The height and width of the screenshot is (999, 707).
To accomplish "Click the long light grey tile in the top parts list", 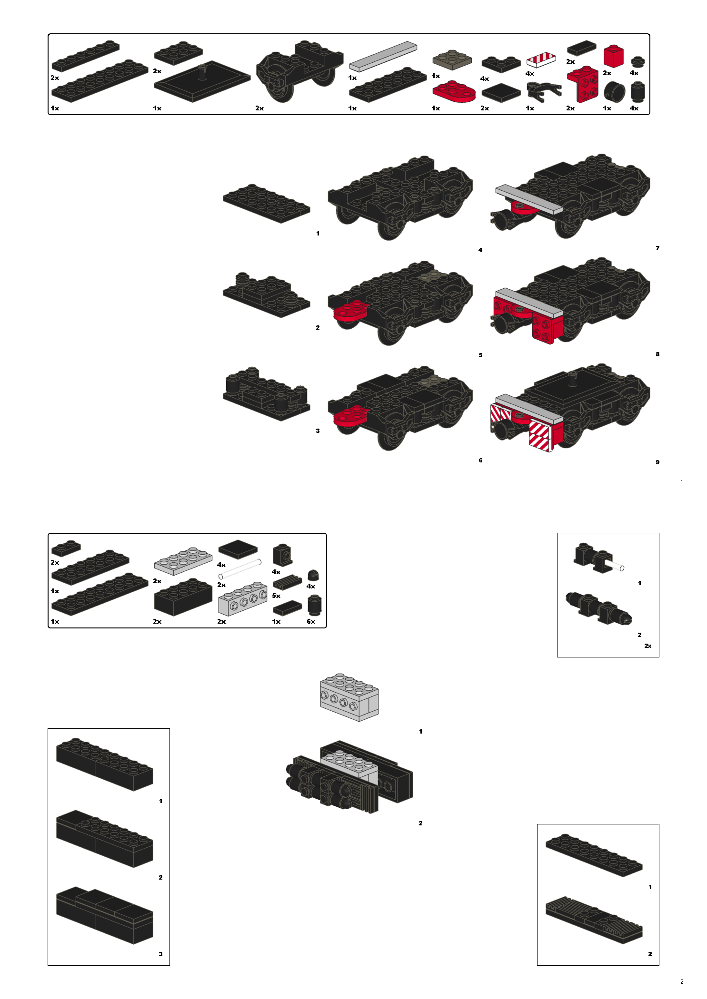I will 383,56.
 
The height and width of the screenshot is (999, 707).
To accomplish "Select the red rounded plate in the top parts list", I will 454,91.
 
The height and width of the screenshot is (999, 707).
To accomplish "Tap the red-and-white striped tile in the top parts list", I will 541,60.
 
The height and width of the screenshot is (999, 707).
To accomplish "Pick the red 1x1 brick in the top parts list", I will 613,56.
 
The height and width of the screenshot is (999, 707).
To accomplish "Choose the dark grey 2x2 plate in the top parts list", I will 452,60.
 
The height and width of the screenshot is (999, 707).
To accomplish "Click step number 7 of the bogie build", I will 657,248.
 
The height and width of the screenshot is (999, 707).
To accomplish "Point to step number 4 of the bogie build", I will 480,250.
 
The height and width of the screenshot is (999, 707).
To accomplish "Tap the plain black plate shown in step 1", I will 266,204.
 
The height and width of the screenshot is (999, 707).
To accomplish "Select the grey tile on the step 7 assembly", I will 528,198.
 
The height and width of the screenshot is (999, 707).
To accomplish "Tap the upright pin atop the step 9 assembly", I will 573,378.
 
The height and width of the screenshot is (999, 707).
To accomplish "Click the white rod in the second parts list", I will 240,569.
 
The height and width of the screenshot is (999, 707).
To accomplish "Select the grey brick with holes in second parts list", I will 242,599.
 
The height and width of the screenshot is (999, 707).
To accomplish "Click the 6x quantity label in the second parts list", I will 311,621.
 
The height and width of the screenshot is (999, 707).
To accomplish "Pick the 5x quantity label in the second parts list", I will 276,596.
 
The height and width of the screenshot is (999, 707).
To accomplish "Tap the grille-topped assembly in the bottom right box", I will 594,920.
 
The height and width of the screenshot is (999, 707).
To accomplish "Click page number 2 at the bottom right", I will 682,981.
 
